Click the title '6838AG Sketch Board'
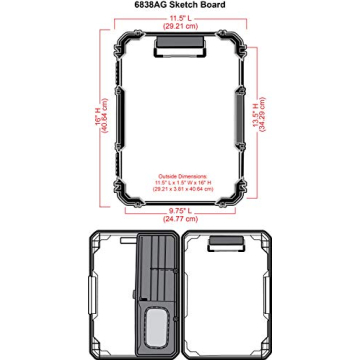[x=179, y=5]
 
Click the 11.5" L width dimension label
[x=179, y=17]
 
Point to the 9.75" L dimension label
[x=179, y=209]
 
